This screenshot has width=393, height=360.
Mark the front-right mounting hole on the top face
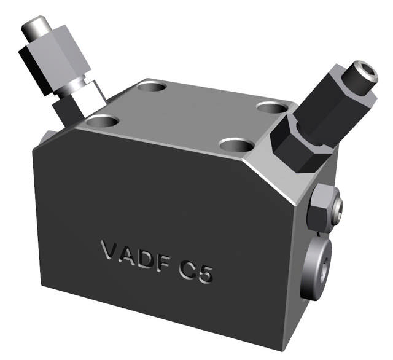point(236,146)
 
